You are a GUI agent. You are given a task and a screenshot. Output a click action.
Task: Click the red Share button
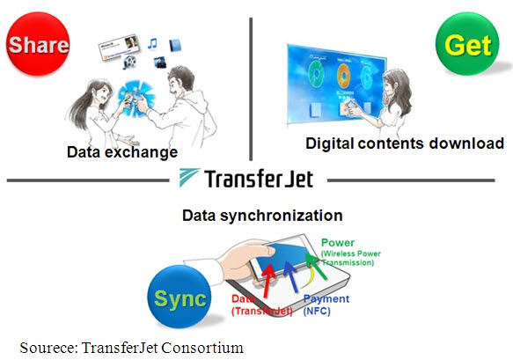pos(38,44)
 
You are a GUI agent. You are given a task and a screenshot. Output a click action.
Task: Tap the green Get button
pos(467,44)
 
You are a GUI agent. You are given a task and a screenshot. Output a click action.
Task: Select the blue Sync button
pos(180,297)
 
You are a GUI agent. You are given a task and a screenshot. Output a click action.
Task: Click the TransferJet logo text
pos(259,179)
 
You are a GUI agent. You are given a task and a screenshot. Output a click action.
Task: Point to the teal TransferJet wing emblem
pos(188,177)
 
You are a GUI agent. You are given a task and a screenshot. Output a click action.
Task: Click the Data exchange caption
pos(122,152)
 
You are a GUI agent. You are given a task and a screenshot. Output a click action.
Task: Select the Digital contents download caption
pos(405,143)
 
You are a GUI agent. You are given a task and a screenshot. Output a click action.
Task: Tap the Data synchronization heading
pos(262,216)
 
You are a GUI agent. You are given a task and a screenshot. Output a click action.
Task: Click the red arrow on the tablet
pos(268,281)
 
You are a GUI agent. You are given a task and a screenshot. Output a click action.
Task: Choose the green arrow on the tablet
pos(316,267)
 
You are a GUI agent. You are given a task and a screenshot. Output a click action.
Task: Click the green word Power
pos(338,243)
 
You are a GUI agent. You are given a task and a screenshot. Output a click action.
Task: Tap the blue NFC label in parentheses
pos(317,311)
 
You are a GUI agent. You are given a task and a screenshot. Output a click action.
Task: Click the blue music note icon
pos(152,43)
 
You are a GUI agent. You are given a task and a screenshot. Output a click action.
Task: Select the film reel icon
pos(129,62)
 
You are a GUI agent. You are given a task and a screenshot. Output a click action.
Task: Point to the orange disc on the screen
pos(343,76)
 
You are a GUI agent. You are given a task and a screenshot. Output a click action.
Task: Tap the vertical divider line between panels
pos(251,89)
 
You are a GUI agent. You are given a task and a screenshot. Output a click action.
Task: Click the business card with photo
pos(119,48)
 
